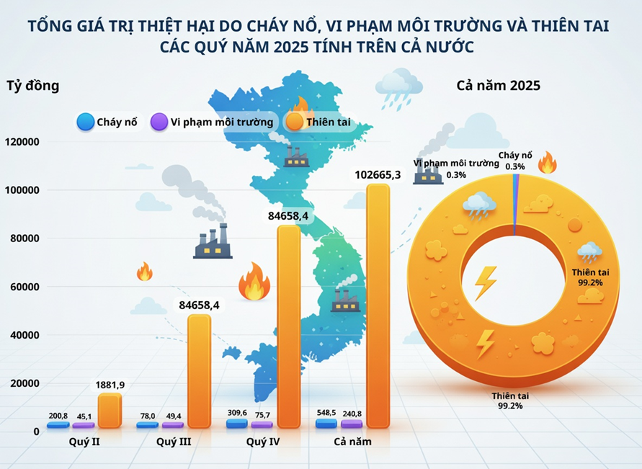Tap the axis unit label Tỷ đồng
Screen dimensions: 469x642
33,86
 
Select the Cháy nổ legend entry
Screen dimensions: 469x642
107,122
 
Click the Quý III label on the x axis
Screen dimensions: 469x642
174,442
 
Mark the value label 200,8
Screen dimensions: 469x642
58,416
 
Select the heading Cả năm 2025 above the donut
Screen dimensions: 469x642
499,86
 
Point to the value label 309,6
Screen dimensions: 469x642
236,413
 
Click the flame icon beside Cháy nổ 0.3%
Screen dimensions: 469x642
547,163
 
